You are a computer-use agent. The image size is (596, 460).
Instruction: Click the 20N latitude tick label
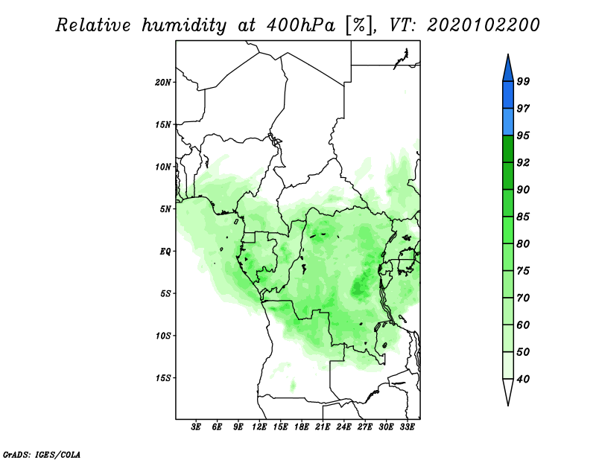[163, 83]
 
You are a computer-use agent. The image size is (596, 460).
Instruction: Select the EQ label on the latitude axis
[165, 252]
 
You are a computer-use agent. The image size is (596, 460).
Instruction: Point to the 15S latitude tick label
[163, 378]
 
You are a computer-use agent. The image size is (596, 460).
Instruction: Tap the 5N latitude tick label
[165, 209]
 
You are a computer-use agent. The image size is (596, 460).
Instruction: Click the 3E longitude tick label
[196, 427]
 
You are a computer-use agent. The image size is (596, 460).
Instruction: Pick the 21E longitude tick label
[323, 427]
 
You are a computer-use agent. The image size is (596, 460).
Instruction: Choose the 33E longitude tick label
[407, 427]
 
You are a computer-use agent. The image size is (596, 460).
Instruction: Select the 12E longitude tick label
[259, 427]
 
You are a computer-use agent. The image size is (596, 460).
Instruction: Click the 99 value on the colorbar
[523, 81]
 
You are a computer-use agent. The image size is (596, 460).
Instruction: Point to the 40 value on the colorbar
[523, 379]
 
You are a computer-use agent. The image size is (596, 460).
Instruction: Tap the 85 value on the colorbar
[523, 217]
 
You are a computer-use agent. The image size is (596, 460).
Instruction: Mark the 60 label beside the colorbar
[523, 325]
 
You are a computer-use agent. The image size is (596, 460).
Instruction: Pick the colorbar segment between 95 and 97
[508, 122]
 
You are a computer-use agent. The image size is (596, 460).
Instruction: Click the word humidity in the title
[184, 25]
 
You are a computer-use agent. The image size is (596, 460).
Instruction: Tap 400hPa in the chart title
[300, 25]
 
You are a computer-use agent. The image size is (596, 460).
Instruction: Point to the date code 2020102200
[483, 25]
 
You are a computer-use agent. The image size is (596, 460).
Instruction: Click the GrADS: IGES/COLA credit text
[42, 454]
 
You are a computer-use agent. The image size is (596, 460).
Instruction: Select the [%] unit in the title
[359, 25]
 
